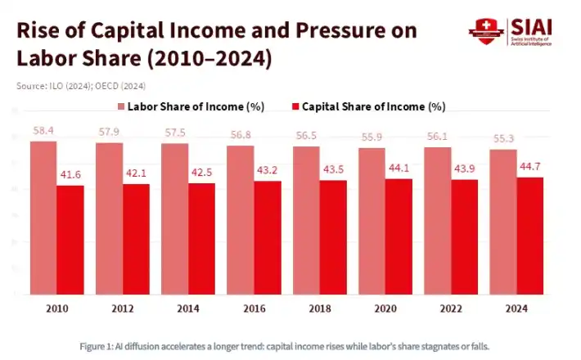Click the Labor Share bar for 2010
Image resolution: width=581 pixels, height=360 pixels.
coord(43,218)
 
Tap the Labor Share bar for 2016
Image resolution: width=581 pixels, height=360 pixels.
coord(240,220)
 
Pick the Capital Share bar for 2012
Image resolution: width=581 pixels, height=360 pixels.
coord(136,239)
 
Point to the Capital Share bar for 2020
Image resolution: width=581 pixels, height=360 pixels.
coord(398,236)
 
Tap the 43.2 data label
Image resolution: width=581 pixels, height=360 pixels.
coord(267,171)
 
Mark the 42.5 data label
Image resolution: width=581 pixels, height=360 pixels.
coord(201,173)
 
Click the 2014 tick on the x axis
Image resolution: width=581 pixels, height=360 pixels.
coord(188,308)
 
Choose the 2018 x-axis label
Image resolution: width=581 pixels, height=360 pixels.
coord(318,308)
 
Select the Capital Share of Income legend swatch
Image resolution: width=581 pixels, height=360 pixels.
coord(296,106)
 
